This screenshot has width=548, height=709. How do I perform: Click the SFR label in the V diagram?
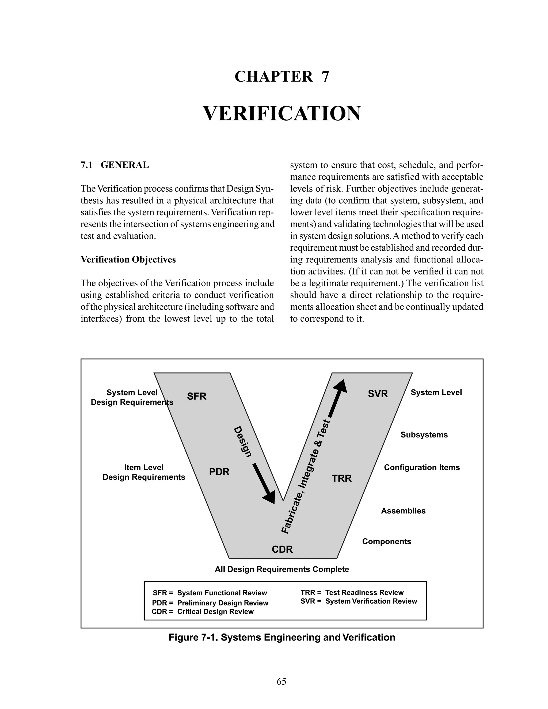196,397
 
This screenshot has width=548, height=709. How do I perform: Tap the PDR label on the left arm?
219,472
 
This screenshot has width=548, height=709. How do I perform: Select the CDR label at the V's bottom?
282,549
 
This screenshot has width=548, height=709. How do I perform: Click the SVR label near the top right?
378,394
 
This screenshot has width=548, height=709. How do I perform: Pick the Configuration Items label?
422,467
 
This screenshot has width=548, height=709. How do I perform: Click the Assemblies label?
403,511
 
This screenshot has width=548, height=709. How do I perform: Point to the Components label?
386,542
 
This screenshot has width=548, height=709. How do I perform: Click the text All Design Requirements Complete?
282,569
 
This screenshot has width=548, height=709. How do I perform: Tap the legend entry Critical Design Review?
215,612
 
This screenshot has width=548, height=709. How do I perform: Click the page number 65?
281,681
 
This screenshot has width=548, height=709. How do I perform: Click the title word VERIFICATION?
282,114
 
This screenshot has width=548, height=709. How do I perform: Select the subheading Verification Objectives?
128,260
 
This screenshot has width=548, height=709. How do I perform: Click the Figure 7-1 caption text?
282,637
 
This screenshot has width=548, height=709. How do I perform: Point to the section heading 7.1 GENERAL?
115,165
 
